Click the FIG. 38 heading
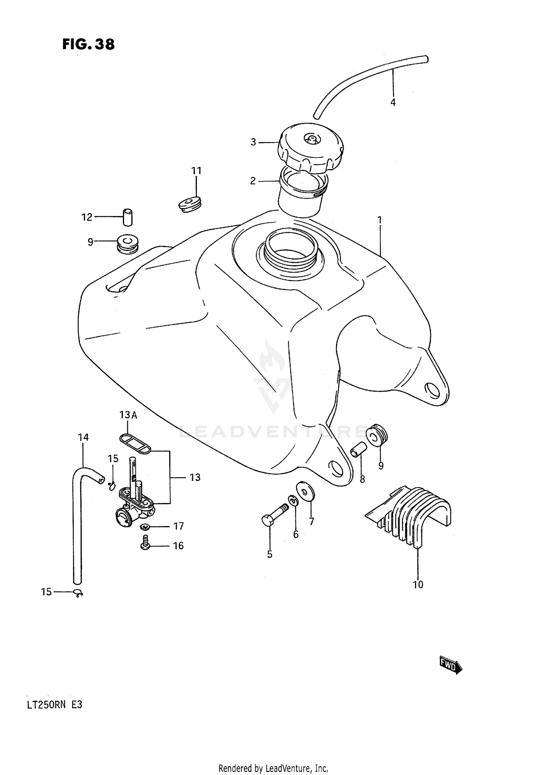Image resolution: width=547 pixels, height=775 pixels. point(89,44)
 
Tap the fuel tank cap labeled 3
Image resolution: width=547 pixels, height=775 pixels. point(310,148)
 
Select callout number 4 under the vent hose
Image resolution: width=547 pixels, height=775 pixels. point(393,102)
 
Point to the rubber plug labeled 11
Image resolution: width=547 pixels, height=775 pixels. point(190,205)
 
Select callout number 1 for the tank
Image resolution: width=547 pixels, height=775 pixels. point(380,220)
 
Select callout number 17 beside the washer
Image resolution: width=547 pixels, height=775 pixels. point(178,526)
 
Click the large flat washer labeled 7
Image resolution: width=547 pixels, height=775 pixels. point(306,491)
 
